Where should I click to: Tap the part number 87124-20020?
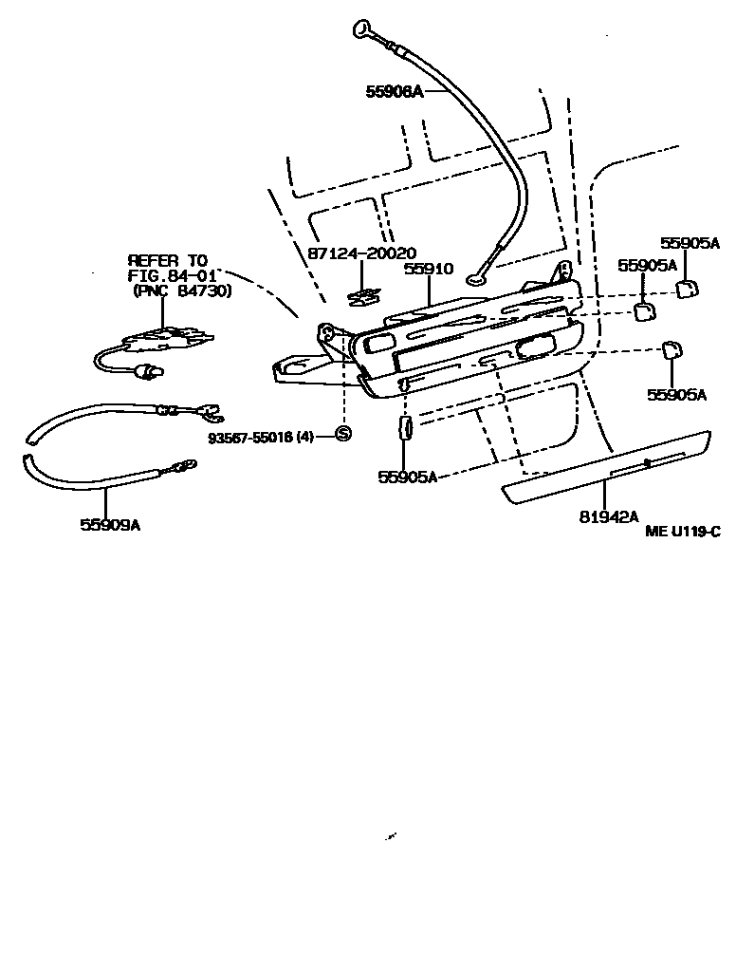(361, 253)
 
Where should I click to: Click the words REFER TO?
(167, 259)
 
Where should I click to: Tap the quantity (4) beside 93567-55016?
(304, 437)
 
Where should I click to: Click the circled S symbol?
(343, 434)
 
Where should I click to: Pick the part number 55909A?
(110, 524)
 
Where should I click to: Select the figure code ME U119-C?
(683, 533)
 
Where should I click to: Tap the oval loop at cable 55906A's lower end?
(475, 279)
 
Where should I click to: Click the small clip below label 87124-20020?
(363, 298)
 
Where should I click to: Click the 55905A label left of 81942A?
(407, 477)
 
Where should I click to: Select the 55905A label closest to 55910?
(646, 266)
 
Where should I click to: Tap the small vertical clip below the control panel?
(403, 428)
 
